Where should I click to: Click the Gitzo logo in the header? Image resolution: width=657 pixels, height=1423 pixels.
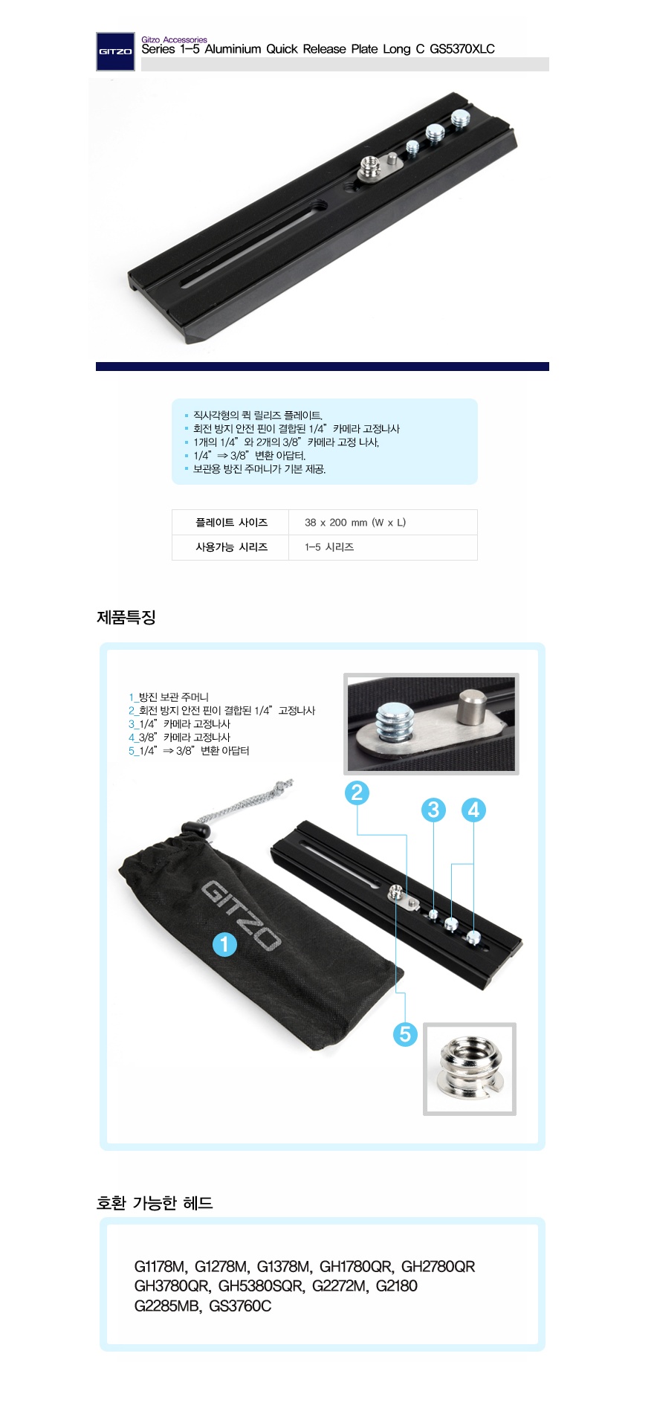tap(115, 52)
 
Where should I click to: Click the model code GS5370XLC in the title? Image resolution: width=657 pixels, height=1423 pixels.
tap(462, 49)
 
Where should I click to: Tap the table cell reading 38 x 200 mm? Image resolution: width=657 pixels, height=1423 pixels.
tap(355, 523)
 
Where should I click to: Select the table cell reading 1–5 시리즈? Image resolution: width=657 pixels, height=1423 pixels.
tap(329, 547)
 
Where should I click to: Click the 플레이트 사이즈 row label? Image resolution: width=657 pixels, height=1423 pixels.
tap(231, 523)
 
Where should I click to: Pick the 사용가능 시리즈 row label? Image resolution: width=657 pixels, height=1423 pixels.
tap(231, 547)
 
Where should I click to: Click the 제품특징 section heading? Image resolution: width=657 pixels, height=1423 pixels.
tap(126, 617)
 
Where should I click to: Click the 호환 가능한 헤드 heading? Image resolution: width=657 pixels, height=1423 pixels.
tap(155, 1203)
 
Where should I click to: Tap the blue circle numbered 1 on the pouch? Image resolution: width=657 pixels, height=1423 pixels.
tap(224, 945)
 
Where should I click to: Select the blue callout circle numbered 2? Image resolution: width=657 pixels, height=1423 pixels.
tap(357, 793)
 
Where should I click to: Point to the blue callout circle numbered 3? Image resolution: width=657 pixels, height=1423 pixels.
tap(433, 810)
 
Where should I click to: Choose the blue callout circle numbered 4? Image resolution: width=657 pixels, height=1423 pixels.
tap(474, 810)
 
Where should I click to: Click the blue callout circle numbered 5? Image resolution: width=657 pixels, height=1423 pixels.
tap(405, 1033)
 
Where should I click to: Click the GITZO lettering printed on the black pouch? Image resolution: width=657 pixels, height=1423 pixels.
tap(241, 915)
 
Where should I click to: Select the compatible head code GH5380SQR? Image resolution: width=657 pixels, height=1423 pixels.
tap(260, 1286)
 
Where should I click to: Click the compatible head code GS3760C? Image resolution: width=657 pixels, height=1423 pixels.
tap(240, 1306)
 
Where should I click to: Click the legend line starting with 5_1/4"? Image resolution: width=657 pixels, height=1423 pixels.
tap(189, 751)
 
